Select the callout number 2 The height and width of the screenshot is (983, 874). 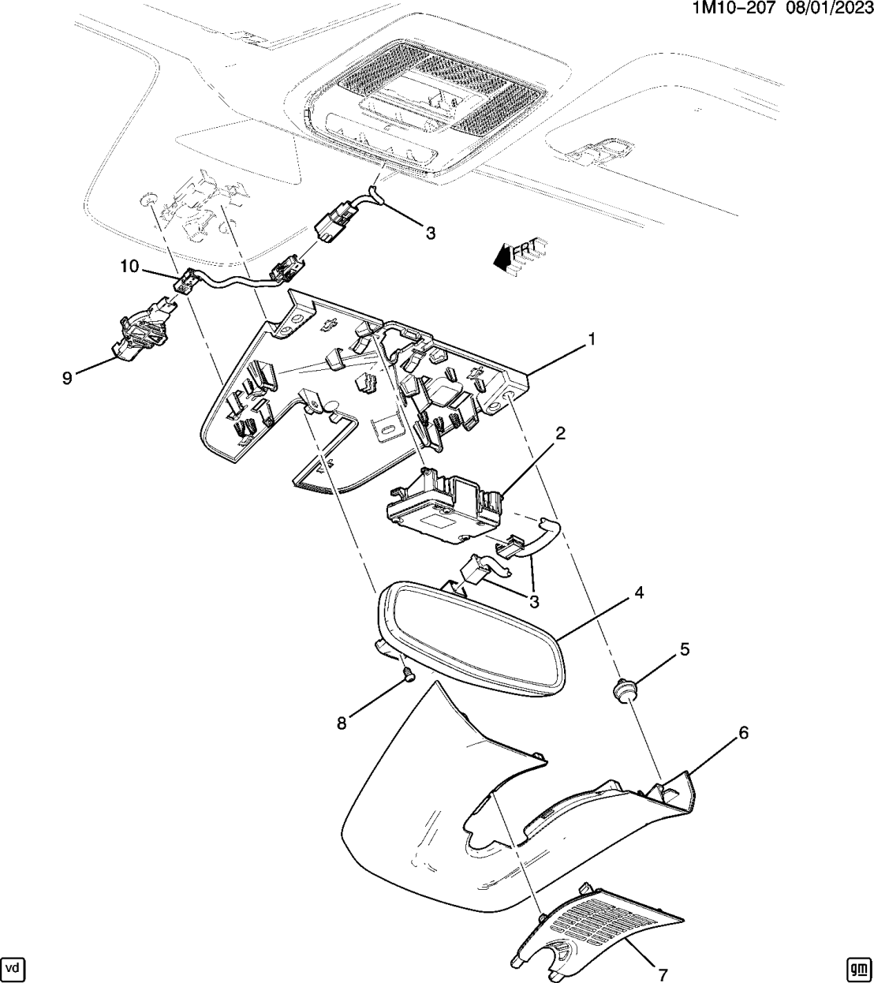pos(560,433)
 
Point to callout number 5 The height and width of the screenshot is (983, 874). pos(685,648)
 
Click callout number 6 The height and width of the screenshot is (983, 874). pos(742,733)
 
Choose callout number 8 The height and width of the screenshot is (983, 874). pos(342,723)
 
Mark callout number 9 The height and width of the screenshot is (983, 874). pos(68,379)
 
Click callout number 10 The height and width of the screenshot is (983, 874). pos(129,267)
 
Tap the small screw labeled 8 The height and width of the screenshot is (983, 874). pos(407,674)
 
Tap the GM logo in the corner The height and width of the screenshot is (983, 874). pos(857,967)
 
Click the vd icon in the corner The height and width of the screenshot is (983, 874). pos(13,967)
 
